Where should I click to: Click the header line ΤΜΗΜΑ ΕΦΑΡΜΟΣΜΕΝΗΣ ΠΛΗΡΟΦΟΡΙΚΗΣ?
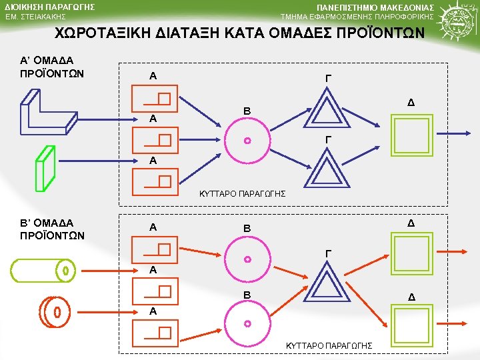357,16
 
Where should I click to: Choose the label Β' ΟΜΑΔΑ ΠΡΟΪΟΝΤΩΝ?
53,229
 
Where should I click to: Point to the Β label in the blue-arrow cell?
247,110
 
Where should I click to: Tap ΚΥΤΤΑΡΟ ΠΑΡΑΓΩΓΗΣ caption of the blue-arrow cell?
243,193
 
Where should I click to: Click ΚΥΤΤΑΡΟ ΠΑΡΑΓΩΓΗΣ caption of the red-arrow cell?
329,345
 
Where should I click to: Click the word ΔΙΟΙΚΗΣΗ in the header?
27,7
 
